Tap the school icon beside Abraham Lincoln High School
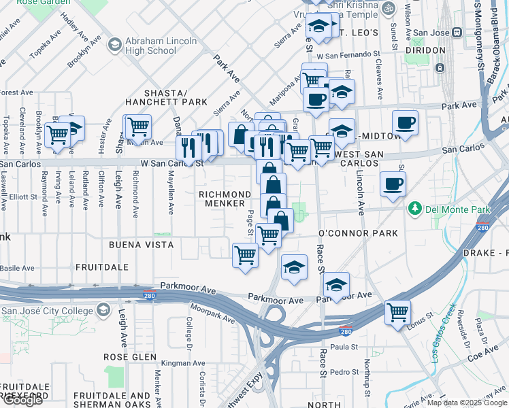tap(114, 46)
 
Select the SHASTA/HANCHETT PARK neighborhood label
tap(165, 97)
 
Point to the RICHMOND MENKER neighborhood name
tap(221, 199)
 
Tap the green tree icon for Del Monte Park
tap(412, 208)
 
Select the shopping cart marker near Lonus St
tap(397, 313)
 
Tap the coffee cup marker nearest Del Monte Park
tap(393, 184)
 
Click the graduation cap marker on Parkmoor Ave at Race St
tap(336, 284)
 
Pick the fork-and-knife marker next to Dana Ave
tap(187, 147)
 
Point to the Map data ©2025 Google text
tap(467, 403)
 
